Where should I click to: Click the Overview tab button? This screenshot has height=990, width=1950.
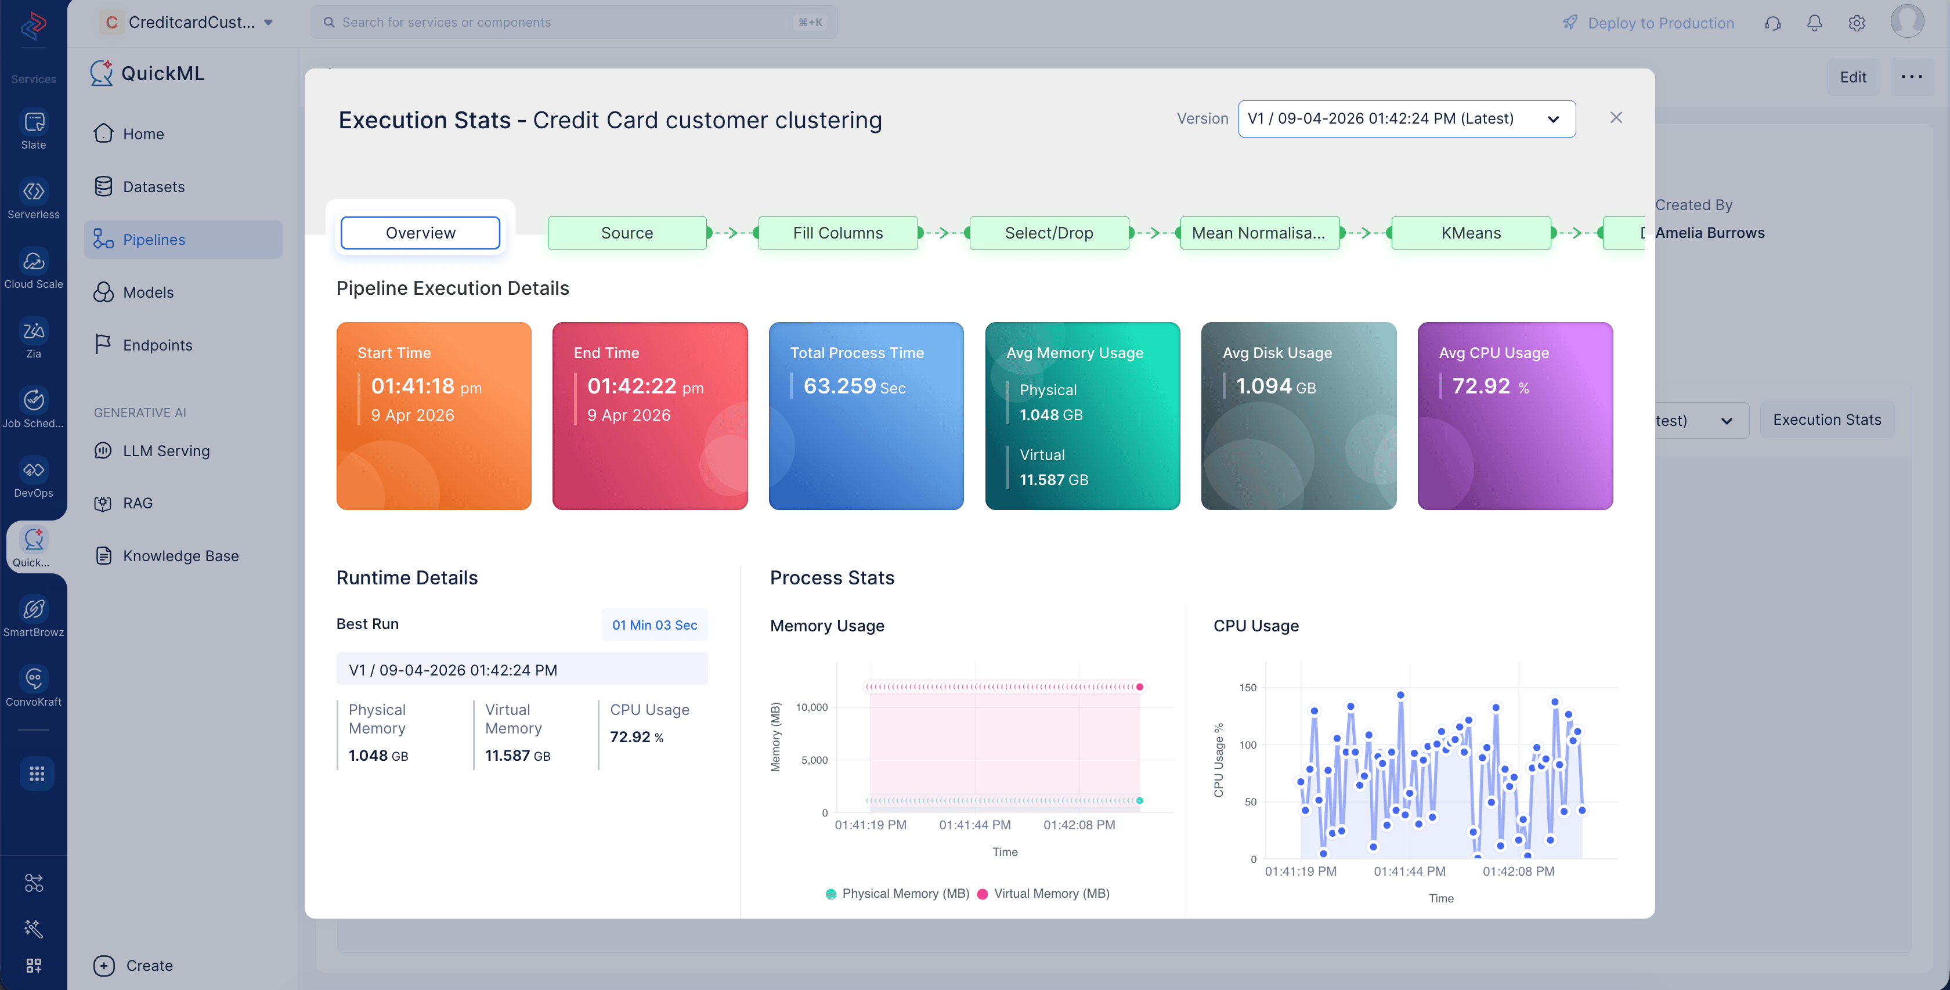pos(420,232)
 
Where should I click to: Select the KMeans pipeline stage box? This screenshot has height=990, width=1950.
pos(1470,232)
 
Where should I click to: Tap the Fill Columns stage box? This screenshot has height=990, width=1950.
pos(837,232)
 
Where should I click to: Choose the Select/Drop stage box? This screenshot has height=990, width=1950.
pos(1049,232)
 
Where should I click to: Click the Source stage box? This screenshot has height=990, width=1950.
pos(627,232)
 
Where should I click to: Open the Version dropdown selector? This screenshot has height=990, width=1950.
pos(1406,119)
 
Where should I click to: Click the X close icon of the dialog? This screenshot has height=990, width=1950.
pos(1615,117)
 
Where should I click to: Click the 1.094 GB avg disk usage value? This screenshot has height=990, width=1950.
pos(1276,386)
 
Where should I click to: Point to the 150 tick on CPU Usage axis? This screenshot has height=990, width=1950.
pos(1248,687)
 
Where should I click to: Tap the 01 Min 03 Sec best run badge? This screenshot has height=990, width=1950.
pos(654,624)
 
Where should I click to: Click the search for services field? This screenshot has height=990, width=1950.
pos(574,22)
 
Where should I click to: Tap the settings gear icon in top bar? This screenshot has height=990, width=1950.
pos(1856,23)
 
